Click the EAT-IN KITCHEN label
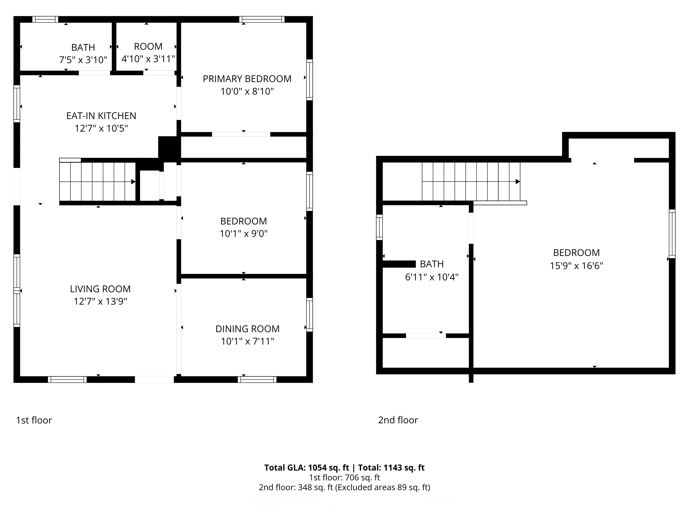pyautogui.click(x=101, y=116)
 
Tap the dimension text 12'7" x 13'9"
pyautogui.click(x=100, y=301)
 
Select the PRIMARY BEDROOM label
pyautogui.click(x=247, y=79)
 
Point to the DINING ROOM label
pyautogui.click(x=247, y=329)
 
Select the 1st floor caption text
pyautogui.click(x=34, y=420)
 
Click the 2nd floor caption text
pyautogui.click(x=398, y=420)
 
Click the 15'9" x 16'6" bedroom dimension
pyautogui.click(x=576, y=266)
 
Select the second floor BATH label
pyautogui.click(x=431, y=264)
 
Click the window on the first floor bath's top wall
pyautogui.click(x=45, y=19)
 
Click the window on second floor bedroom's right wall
pyautogui.click(x=672, y=234)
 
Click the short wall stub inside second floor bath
pyautogui.click(x=399, y=264)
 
